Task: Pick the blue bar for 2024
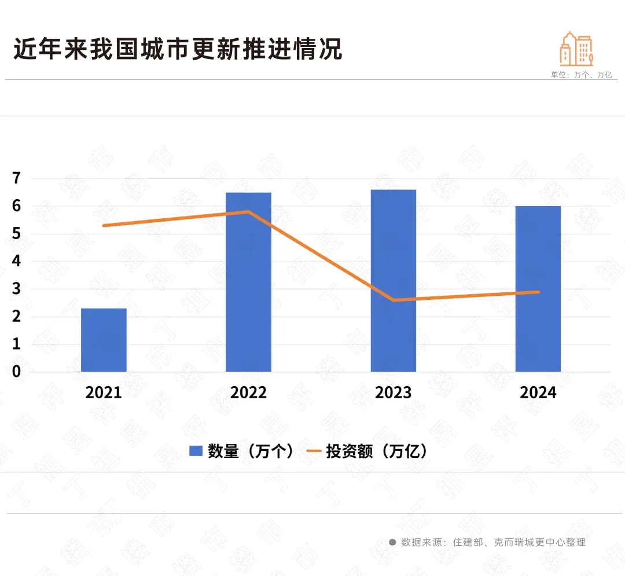pyautogui.click(x=538, y=289)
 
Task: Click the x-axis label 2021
pyautogui.click(x=104, y=392)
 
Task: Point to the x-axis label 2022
pyautogui.click(x=248, y=392)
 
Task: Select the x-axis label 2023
pyautogui.click(x=394, y=392)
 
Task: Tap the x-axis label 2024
pyautogui.click(x=538, y=392)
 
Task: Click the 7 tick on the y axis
pyautogui.click(x=16, y=178)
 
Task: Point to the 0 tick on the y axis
pyautogui.click(x=16, y=372)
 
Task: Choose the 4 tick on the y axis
pyautogui.click(x=16, y=261)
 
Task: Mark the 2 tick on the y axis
pyautogui.click(x=16, y=317)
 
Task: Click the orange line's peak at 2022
pyautogui.click(x=248, y=212)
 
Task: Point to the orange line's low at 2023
pyautogui.click(x=394, y=300)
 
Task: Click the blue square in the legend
pyautogui.click(x=196, y=452)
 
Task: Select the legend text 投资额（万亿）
pyautogui.click(x=377, y=452)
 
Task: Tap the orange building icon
pyautogui.click(x=576, y=49)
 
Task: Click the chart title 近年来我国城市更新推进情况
pyautogui.click(x=178, y=49)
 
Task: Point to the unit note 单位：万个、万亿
pyautogui.click(x=581, y=75)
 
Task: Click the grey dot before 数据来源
pyautogui.click(x=392, y=542)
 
